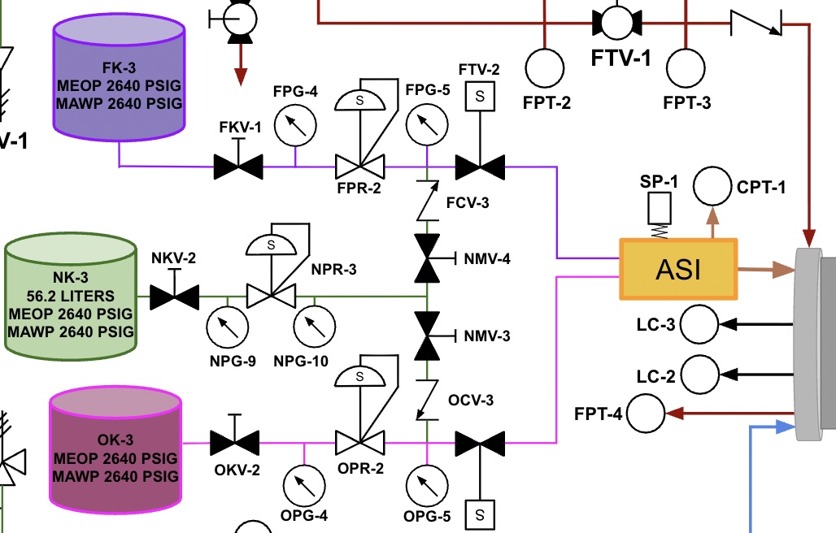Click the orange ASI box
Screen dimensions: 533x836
coord(678,269)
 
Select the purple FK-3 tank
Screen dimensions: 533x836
coord(120,78)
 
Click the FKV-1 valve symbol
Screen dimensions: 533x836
coord(238,167)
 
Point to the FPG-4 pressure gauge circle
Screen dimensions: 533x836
coord(294,126)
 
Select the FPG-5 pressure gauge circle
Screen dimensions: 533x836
coord(425,125)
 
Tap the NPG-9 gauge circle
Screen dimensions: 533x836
coord(226,327)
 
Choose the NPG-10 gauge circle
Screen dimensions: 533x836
coord(313,327)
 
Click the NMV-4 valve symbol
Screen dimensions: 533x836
coord(426,258)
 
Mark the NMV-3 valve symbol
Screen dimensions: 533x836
coord(426,336)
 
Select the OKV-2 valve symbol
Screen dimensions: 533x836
coord(234,443)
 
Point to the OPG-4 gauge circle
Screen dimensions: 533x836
coord(303,485)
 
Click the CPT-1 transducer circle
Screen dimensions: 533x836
coord(712,186)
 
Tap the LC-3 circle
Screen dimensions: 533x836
coord(699,325)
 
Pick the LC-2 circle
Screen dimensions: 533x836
coord(699,375)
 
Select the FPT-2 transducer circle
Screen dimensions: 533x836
coord(545,68)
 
